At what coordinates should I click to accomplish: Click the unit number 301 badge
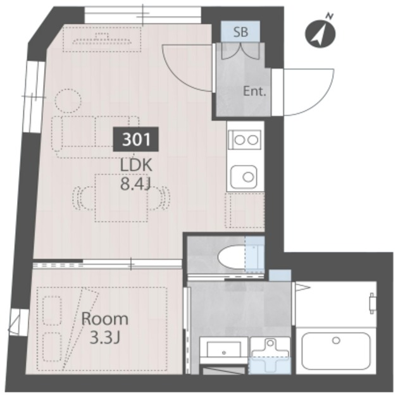click(x=135, y=139)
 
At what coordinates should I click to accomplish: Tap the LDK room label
click(x=136, y=166)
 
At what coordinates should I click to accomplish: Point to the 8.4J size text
click(x=135, y=184)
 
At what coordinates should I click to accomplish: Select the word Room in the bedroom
click(x=104, y=319)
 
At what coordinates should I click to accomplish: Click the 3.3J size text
click(x=104, y=338)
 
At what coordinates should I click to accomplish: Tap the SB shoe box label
click(x=240, y=32)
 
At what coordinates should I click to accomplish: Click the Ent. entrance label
click(x=254, y=91)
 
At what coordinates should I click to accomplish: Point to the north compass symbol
click(x=320, y=33)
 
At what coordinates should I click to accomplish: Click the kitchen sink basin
click(x=244, y=177)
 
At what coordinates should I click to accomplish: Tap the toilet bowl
click(x=232, y=258)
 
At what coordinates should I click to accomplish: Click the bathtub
click(x=336, y=351)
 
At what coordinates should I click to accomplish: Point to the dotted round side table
click(x=68, y=101)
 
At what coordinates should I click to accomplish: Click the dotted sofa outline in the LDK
click(x=96, y=137)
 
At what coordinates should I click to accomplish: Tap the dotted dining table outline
click(x=121, y=198)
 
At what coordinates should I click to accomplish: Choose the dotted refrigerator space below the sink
click(x=245, y=210)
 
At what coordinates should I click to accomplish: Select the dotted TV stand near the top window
click(x=102, y=39)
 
